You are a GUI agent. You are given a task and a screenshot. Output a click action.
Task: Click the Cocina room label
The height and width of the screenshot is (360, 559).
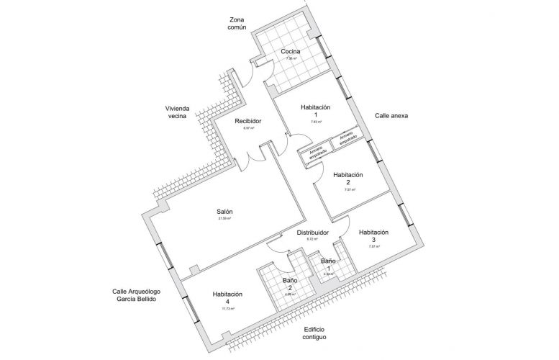[x=291, y=52]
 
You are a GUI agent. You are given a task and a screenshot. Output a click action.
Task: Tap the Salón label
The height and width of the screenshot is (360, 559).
[x=224, y=212]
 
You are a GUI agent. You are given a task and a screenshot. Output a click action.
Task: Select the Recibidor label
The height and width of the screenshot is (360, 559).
[x=247, y=121]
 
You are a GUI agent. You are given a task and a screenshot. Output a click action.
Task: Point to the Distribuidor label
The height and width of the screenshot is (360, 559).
[x=313, y=233]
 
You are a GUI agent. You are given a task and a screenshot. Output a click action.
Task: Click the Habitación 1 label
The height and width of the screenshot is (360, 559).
[x=315, y=111]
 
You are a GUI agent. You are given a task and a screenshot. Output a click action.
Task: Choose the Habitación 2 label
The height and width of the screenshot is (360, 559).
[x=347, y=179]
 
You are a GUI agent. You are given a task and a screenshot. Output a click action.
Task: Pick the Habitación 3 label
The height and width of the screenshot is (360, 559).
[x=373, y=236]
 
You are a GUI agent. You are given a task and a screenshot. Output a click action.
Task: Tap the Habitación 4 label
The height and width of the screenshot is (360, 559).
[x=227, y=298]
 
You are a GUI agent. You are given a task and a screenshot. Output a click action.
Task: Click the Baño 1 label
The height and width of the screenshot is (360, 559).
[x=328, y=264]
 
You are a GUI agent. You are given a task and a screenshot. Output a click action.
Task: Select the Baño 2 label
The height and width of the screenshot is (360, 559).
[x=290, y=284]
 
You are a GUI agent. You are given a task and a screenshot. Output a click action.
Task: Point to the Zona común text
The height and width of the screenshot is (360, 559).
[x=237, y=23]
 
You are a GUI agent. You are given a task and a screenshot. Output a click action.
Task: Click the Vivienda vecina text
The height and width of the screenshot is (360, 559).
[x=176, y=112]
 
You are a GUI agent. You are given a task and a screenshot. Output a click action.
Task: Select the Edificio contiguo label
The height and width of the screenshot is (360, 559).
[x=314, y=333]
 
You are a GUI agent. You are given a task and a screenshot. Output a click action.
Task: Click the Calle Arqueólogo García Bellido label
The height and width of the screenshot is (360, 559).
[x=136, y=295]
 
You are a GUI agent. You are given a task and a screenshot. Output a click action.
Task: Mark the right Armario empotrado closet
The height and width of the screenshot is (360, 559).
[x=347, y=138]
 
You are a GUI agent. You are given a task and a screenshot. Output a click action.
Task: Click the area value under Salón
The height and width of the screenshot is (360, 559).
[x=224, y=218]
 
